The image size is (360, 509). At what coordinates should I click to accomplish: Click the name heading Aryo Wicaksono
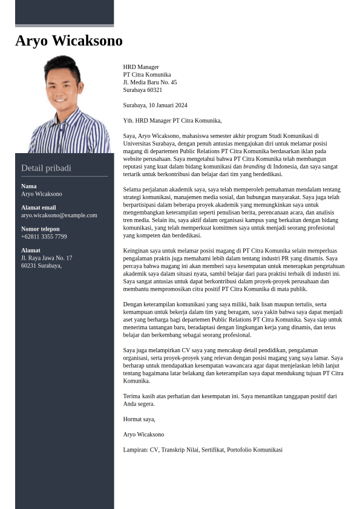tap(68, 41)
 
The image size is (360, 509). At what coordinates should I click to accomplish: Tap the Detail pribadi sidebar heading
tap(46, 168)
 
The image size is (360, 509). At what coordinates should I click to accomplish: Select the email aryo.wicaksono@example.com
tap(59, 215)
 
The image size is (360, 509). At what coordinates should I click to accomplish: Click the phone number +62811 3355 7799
tap(44, 237)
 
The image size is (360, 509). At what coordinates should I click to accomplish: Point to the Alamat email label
tap(38, 208)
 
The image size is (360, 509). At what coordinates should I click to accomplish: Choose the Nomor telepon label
tap(41, 229)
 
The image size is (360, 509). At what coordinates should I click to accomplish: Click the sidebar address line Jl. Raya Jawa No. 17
tap(46, 258)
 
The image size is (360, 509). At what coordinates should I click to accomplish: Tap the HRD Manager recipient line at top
tap(141, 67)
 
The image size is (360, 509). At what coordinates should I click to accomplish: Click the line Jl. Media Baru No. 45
tap(149, 82)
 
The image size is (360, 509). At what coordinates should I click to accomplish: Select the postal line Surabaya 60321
tap(142, 90)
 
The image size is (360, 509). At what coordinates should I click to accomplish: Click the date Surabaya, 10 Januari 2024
tap(155, 105)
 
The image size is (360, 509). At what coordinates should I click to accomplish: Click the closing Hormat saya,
tap(139, 419)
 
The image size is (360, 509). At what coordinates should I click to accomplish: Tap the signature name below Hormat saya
tap(143, 435)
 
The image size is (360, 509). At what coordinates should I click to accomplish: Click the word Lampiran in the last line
tap(135, 450)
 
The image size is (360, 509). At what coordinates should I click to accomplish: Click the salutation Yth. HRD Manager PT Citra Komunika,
tap(172, 120)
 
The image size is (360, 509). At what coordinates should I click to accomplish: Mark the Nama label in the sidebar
tap(28, 186)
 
